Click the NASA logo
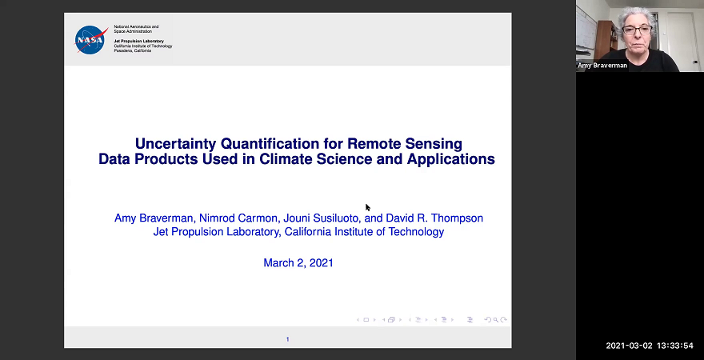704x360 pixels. coord(90,39)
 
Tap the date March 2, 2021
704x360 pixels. coord(298,262)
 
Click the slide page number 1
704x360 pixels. coord(287,339)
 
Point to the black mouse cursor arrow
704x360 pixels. coord(368,208)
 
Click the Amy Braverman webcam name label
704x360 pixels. coord(602,66)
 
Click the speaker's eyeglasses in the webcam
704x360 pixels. coord(637,30)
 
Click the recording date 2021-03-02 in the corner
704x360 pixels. coord(629,346)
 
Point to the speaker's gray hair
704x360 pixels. coord(638,14)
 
